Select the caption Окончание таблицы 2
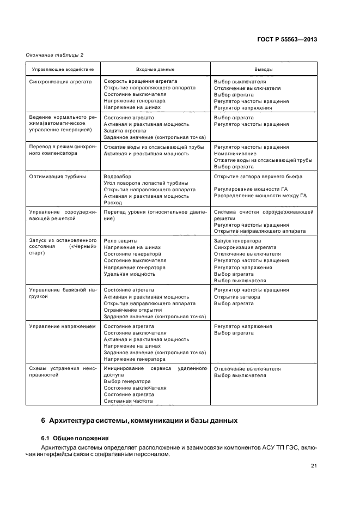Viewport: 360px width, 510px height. coord(54,54)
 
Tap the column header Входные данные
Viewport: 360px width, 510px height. coord(155,69)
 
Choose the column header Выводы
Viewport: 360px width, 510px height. coord(264,69)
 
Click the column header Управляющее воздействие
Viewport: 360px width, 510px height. coord(63,69)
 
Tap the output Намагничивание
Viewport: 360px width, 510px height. coord(235,154)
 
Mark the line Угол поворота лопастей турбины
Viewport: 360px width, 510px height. coord(146,183)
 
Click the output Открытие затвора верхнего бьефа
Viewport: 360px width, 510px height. coord(258,177)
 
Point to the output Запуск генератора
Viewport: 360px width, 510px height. coord(237,241)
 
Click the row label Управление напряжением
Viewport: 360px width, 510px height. coord(62,326)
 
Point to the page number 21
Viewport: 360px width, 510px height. coord(314,466)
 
